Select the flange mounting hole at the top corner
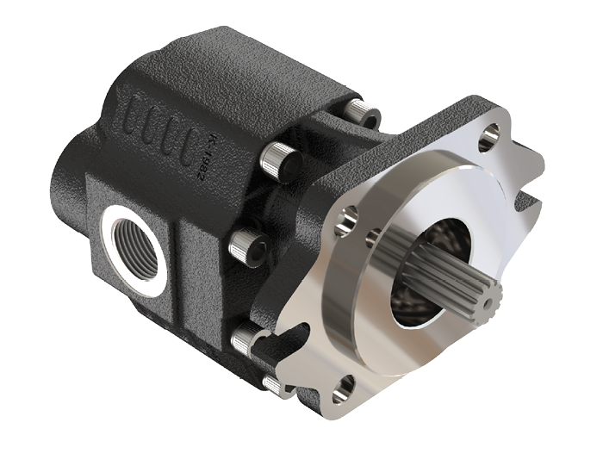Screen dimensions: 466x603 [x=492, y=134]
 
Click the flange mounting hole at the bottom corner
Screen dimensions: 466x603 [x=347, y=387]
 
